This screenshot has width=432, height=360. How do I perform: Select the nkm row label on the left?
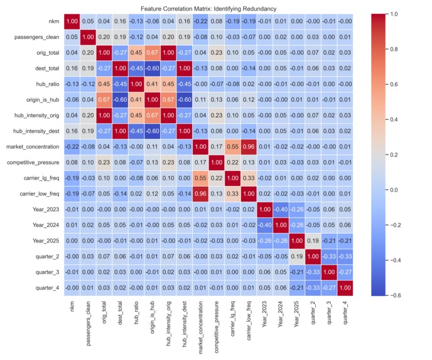tap(54, 21)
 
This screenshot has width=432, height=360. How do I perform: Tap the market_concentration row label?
tap(33, 146)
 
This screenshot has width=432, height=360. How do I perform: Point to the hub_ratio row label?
tap(48, 84)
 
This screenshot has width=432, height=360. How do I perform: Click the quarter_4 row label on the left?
tap(47, 288)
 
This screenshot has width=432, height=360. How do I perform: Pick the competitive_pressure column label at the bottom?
tap(216, 327)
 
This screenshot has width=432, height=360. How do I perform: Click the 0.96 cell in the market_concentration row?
tap(249, 146)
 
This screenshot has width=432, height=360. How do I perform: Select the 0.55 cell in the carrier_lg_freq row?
tap(200, 178)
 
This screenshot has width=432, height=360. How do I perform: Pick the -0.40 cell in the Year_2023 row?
tap(281, 209)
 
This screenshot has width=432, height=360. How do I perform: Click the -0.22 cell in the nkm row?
tap(200, 21)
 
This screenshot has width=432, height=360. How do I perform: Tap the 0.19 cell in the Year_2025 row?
tap(313, 241)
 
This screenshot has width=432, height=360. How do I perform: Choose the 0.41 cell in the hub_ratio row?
tap(152, 84)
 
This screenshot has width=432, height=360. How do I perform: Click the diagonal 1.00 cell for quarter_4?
tap(345, 288)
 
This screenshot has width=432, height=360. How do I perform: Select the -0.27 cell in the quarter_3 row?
tap(345, 272)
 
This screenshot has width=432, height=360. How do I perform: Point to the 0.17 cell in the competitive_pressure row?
tap(200, 162)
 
